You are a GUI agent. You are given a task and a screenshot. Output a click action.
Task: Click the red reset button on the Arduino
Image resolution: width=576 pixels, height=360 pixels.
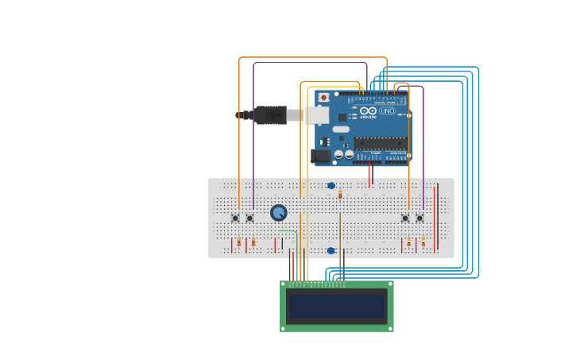[323, 98]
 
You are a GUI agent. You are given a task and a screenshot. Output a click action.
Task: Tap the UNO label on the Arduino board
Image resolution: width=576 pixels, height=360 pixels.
[388, 111]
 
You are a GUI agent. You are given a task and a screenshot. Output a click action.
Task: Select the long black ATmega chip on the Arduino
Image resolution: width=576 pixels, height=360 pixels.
[380, 143]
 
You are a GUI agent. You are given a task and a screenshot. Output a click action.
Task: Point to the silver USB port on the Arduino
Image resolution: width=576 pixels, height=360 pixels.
[316, 115]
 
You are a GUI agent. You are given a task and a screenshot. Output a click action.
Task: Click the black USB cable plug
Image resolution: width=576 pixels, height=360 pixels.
[270, 115]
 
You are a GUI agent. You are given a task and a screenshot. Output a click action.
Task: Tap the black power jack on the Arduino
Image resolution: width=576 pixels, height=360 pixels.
[321, 156]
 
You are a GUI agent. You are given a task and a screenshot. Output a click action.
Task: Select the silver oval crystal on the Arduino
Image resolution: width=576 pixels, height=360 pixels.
[341, 129]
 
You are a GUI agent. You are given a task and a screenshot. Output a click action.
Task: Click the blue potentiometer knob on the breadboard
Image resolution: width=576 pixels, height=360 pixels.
[278, 212]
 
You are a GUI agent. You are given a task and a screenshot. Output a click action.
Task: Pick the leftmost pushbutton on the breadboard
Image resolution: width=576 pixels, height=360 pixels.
[235, 218]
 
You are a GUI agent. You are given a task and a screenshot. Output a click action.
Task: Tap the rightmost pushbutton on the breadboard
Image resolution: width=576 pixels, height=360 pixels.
[419, 218]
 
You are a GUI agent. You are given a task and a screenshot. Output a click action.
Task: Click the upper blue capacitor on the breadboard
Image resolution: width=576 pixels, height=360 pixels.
[331, 186]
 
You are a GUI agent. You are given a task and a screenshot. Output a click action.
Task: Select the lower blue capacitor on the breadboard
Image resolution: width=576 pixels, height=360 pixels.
[331, 250]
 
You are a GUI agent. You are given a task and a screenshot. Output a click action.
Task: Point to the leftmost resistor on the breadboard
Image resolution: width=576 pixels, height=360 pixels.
[238, 242]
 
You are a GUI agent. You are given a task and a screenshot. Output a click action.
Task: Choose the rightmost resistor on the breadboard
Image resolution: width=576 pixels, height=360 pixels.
[423, 242]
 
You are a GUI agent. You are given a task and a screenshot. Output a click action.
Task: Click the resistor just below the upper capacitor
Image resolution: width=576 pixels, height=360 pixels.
[340, 194]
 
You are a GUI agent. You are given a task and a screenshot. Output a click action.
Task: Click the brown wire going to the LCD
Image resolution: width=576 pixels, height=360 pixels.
[340, 238]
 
